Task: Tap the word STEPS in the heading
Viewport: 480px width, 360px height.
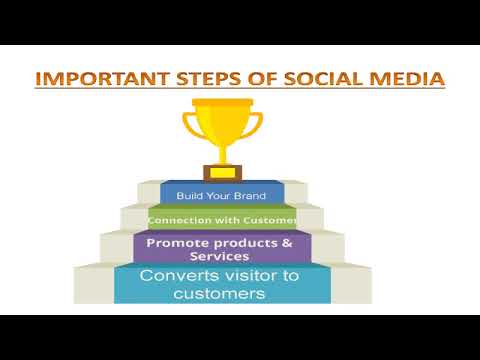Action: [x=198, y=78]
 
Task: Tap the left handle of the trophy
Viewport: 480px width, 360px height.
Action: [x=190, y=126]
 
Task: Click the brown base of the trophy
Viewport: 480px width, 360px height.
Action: [x=221, y=172]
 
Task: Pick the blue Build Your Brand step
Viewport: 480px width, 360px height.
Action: [x=221, y=195]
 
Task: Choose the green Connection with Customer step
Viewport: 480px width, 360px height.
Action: [x=221, y=219]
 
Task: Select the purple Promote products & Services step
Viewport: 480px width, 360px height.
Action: [x=221, y=249]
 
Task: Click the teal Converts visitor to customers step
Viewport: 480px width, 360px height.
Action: [x=221, y=284]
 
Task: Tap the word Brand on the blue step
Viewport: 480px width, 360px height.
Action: [x=249, y=195]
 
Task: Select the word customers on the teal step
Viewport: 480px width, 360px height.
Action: [x=220, y=294]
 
